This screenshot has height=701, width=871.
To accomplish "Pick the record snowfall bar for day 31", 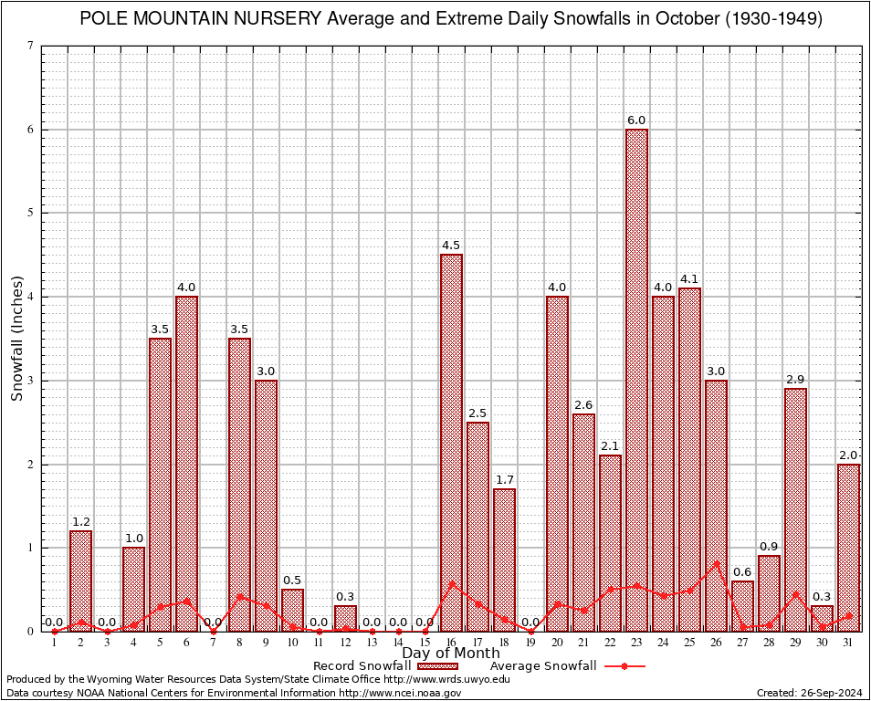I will point(848,548).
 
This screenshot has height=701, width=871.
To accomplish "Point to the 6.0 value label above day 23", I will point(636,120).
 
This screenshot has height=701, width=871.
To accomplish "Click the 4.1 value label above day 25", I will point(689,279).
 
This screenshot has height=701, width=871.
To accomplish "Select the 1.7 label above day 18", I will point(504,480).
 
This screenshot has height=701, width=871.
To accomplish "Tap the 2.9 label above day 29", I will point(795,380).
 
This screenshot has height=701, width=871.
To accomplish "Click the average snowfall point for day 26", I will point(717,564).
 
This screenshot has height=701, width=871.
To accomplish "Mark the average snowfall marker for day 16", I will point(452,584).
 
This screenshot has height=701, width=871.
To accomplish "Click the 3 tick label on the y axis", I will point(31,381).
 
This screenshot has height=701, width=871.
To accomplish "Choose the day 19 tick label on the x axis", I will point(530,643).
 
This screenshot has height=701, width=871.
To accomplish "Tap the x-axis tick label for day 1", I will point(54,643).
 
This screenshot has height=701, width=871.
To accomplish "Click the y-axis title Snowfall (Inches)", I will point(16,339).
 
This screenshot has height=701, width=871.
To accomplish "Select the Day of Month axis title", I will point(451,654).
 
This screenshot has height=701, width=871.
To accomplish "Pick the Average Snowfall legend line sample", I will point(624,666).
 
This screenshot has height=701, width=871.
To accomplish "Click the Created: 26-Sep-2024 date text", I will point(810,693).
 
